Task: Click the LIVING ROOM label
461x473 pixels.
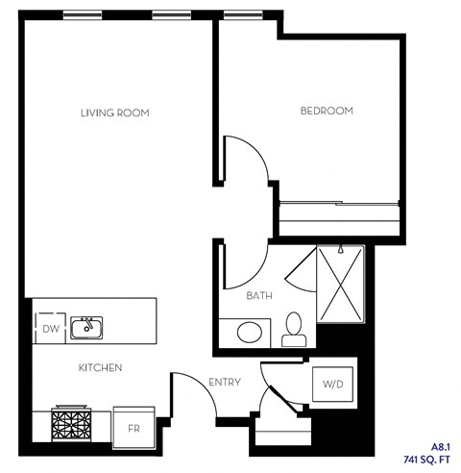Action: (x=115, y=113)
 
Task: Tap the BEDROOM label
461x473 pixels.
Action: (x=328, y=112)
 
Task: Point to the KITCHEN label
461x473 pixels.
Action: (x=100, y=368)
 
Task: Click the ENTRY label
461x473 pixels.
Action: (x=224, y=383)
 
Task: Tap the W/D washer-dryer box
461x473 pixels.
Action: (x=332, y=385)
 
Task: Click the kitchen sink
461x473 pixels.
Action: (x=87, y=327)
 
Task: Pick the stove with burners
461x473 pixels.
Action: (x=72, y=424)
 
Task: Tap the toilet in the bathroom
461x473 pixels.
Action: (x=293, y=331)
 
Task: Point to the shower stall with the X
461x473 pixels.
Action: (x=341, y=286)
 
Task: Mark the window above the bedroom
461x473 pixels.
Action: (x=241, y=14)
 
